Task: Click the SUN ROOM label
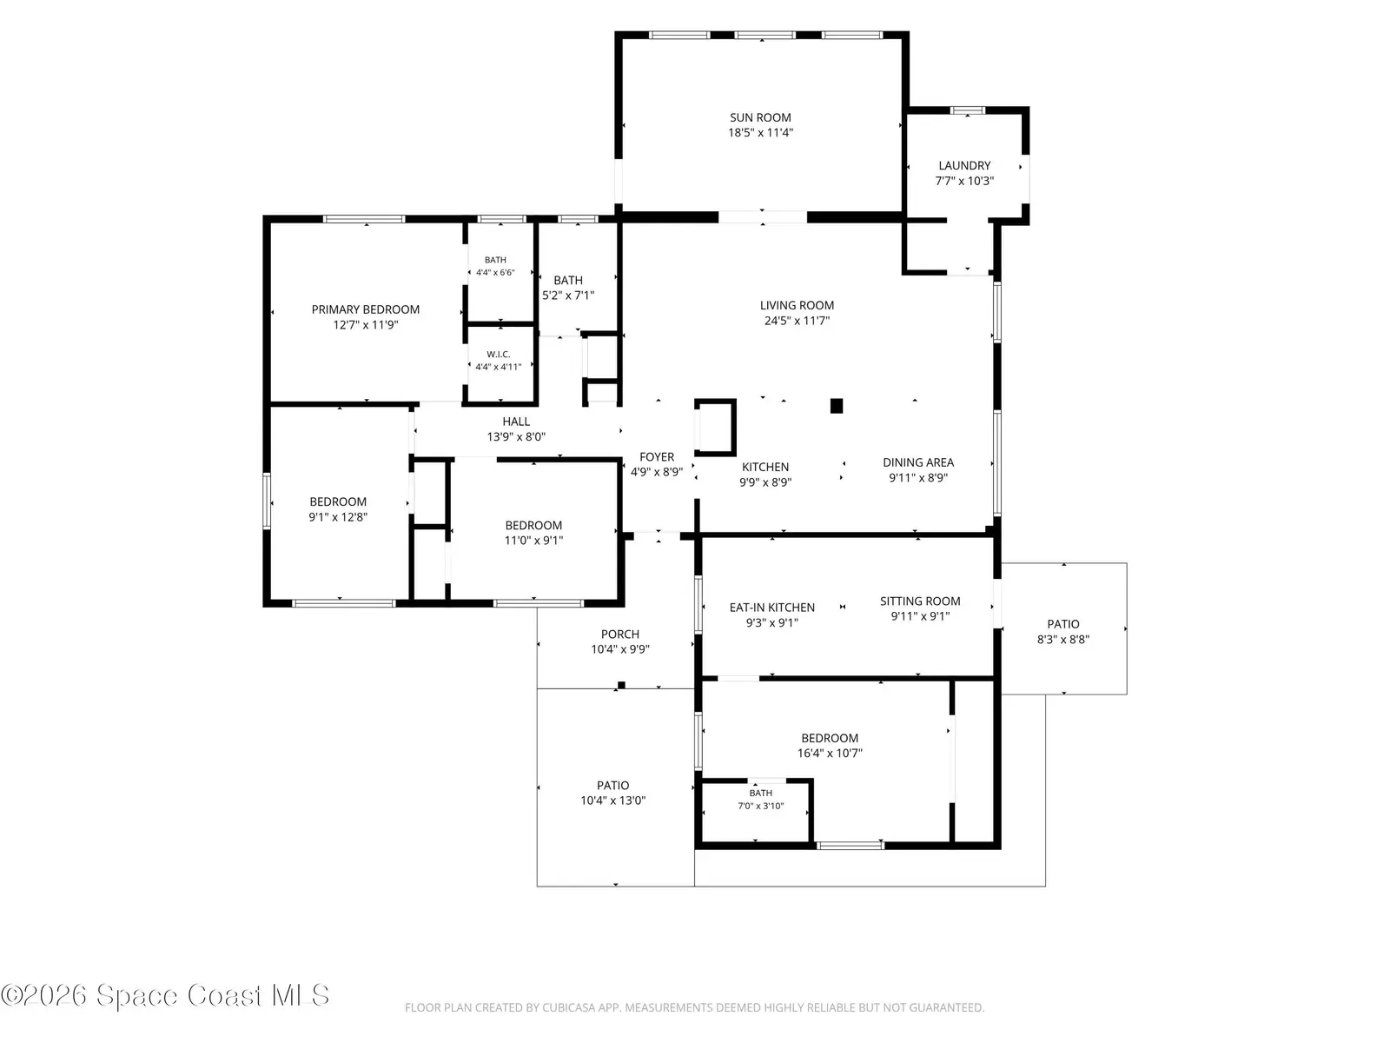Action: click(x=760, y=118)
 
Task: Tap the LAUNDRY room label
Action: click(x=964, y=166)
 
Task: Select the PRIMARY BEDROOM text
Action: click(x=366, y=309)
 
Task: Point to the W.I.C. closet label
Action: click(x=499, y=355)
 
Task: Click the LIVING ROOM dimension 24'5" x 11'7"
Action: click(x=797, y=321)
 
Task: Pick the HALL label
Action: click(x=516, y=422)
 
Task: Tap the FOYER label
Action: click(x=657, y=457)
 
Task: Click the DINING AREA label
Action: click(x=918, y=463)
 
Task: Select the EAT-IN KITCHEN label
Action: click(x=772, y=608)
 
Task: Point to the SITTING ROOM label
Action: click(x=920, y=601)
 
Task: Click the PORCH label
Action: click(x=620, y=634)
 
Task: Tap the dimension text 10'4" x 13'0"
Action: click(x=613, y=801)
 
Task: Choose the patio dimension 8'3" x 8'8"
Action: click(x=1063, y=641)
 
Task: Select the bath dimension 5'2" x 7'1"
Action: click(x=568, y=296)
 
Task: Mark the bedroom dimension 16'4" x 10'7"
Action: click(x=830, y=754)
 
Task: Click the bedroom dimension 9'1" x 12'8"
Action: click(x=338, y=517)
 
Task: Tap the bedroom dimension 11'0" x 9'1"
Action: click(x=533, y=541)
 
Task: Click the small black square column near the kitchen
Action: click(x=837, y=406)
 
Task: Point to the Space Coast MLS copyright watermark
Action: click(x=165, y=995)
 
